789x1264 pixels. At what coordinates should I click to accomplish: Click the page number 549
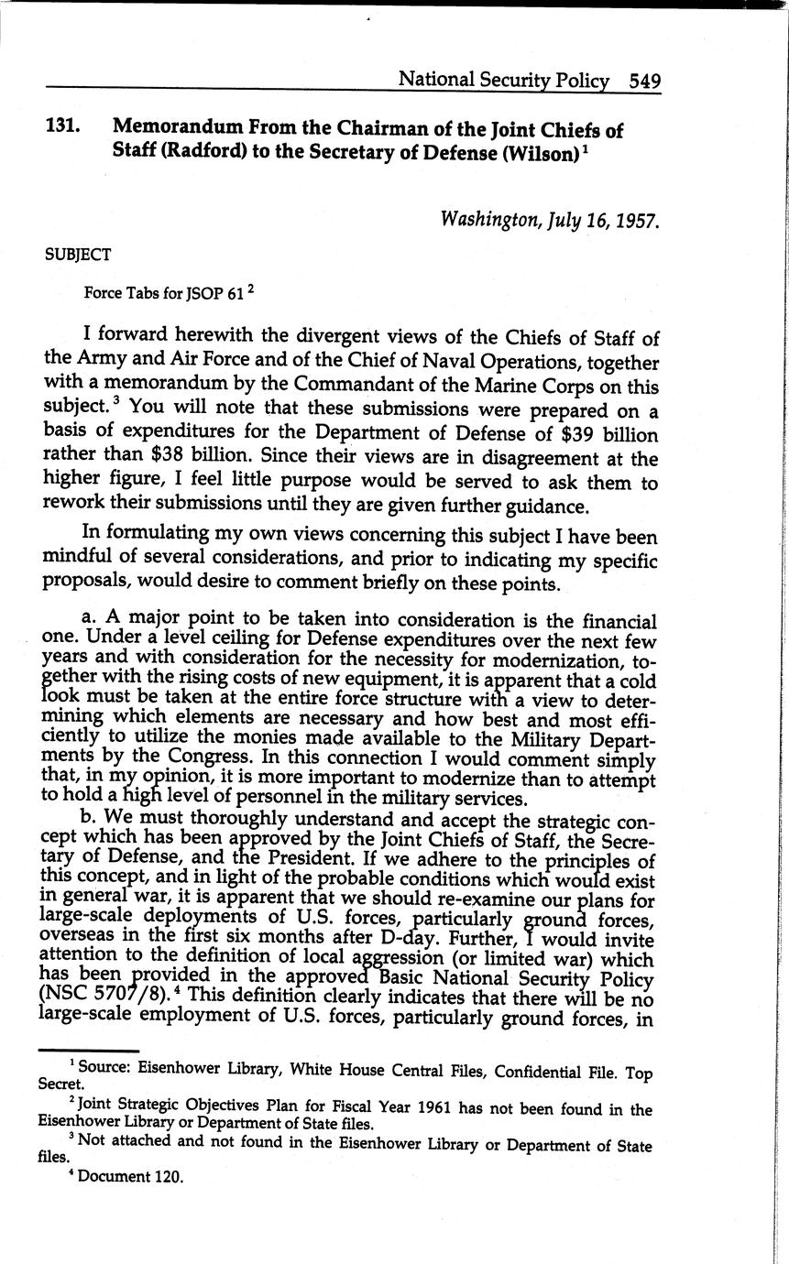[x=644, y=81]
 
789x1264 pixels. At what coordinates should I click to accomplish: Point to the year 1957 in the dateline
[x=637, y=220]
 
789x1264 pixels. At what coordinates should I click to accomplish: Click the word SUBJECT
[x=77, y=256]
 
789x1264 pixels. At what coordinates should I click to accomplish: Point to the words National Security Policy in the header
[x=504, y=81]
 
